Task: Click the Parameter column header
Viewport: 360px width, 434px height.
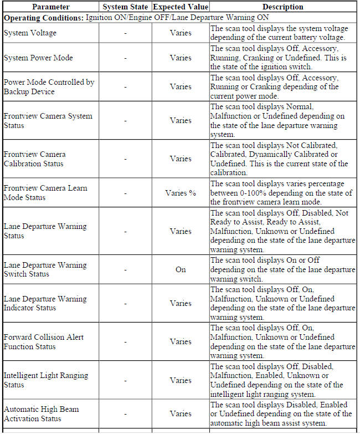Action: pos(50,7)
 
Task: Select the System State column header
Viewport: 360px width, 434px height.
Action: pos(125,7)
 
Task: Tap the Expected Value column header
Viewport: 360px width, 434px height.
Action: pos(181,7)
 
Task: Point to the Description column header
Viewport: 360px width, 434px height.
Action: pos(282,7)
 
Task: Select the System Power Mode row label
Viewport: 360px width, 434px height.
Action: pos(38,58)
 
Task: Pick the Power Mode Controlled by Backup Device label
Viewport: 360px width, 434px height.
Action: pos(49,86)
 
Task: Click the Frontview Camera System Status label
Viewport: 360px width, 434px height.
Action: pos(48,120)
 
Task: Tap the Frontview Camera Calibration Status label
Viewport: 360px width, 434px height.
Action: pos(34,159)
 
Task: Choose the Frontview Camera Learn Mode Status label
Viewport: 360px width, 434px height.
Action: pos(45,192)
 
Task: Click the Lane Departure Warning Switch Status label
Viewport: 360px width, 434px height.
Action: pos(45,269)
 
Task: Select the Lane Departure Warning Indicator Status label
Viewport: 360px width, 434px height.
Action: pos(45,303)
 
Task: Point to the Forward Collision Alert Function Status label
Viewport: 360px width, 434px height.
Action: pos(44,341)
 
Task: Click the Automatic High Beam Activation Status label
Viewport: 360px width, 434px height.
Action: pos(41,413)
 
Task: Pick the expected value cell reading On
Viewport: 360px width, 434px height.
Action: pos(181,269)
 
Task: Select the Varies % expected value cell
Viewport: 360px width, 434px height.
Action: pos(181,193)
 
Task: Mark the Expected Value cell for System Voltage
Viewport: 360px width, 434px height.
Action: pos(181,33)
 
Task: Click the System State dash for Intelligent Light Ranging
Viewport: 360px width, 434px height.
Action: pos(125,380)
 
